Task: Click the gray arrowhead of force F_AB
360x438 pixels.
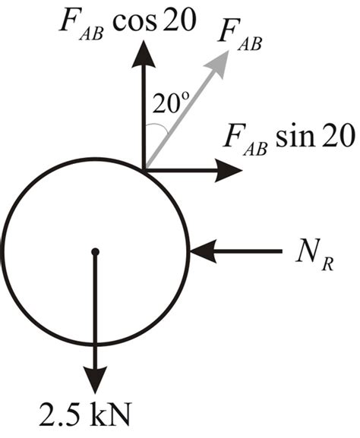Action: click(x=219, y=64)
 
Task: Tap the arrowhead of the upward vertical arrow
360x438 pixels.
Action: click(x=144, y=54)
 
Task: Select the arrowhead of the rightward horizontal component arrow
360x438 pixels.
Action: click(x=228, y=170)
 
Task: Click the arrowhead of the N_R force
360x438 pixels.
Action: click(x=204, y=251)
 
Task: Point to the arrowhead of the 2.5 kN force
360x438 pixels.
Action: click(x=96, y=380)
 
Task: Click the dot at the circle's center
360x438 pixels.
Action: click(x=96, y=252)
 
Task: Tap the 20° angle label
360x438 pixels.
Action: click(x=171, y=102)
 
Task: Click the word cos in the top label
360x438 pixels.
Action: click(x=134, y=21)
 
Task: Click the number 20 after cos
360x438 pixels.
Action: click(x=177, y=20)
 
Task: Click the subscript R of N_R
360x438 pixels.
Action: click(x=327, y=264)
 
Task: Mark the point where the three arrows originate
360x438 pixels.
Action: click(x=144, y=170)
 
